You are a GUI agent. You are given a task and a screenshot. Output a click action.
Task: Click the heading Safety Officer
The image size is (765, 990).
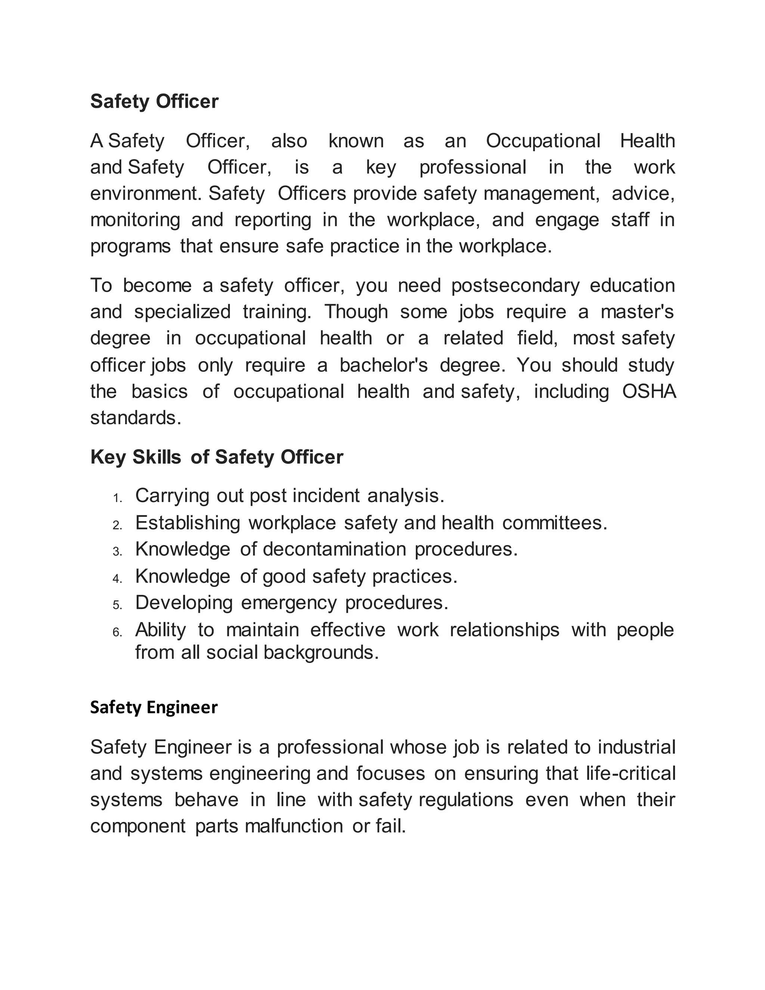154,101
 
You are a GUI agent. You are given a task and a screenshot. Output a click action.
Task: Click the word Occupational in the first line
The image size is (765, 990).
543,141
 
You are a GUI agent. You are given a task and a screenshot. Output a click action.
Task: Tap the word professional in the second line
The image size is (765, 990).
472,167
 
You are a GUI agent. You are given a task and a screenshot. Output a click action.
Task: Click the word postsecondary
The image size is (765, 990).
515,285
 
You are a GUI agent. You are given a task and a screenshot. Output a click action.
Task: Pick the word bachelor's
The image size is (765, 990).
383,365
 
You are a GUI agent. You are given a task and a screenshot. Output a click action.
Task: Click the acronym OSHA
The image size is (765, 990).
648,391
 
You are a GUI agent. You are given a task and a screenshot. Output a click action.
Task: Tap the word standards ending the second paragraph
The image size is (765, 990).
135,418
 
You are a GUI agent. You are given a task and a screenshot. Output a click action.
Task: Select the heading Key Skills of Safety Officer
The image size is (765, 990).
217,457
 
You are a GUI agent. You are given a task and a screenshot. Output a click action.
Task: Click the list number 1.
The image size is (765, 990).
117,499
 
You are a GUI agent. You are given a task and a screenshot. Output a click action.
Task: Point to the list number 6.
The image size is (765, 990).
117,632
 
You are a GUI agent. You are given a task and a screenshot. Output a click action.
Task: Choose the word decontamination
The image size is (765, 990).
334,550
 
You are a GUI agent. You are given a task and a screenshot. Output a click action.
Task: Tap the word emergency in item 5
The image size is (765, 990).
289,603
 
